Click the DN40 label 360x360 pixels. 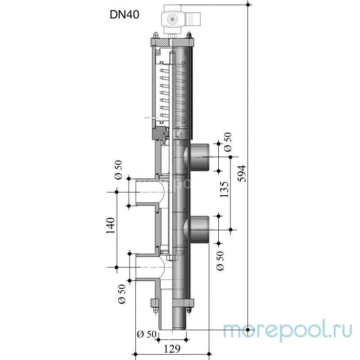(x=125, y=15)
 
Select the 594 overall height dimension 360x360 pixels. (x=242, y=173)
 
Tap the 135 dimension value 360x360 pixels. (x=225, y=189)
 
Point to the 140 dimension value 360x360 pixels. (x=110, y=225)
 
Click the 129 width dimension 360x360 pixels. (x=172, y=349)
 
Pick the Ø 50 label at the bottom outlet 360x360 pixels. (x=147, y=334)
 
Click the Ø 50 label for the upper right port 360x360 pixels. (x=228, y=142)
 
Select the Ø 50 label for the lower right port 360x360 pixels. (x=220, y=261)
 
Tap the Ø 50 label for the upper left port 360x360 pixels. (x=118, y=170)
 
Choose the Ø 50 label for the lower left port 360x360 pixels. (x=122, y=294)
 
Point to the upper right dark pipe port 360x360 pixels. (x=199, y=157)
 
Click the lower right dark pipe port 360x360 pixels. (x=199, y=229)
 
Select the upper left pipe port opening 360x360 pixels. (x=147, y=192)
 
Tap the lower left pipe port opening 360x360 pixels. (x=148, y=267)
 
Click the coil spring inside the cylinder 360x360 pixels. (x=172, y=94)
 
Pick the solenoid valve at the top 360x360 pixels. (x=181, y=19)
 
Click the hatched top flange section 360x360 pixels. (x=160, y=42)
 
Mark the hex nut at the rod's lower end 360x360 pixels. (x=172, y=257)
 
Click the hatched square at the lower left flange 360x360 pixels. (x=155, y=303)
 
